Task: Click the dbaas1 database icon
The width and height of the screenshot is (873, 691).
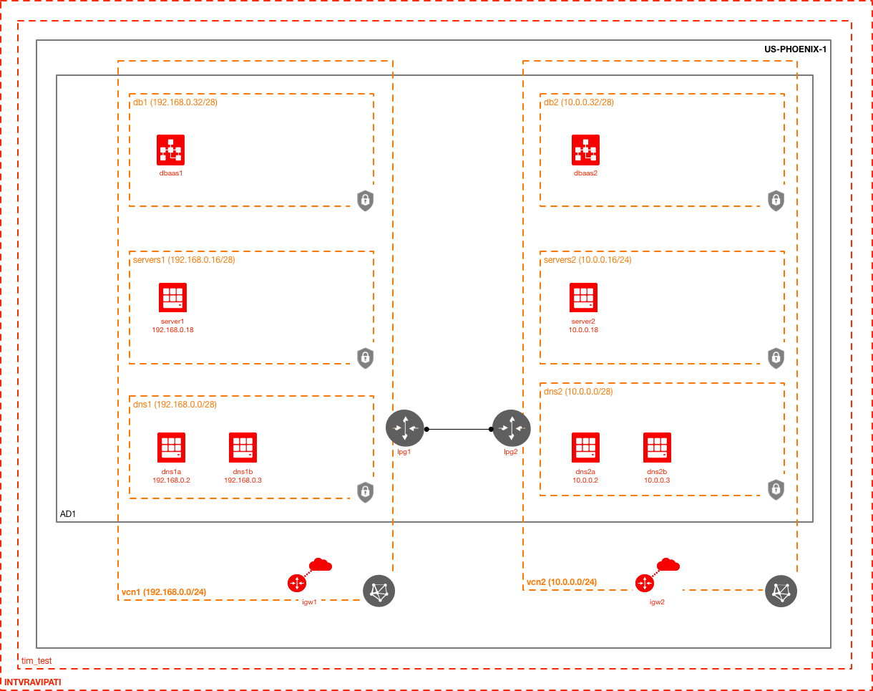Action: point(170,149)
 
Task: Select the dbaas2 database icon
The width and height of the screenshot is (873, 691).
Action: point(585,149)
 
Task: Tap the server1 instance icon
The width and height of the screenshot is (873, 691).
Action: point(172,297)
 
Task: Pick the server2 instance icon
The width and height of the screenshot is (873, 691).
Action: point(583,297)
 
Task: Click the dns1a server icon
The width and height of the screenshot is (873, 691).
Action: point(171,447)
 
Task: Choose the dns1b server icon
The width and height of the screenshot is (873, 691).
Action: point(243,447)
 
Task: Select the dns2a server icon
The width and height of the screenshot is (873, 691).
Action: point(585,447)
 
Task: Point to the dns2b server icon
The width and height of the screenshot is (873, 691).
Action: point(657,447)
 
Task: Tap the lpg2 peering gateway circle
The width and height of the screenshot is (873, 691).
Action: point(510,427)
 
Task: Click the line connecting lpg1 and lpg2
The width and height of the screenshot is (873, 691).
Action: point(458,429)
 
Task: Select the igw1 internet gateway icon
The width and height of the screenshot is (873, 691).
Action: point(297,583)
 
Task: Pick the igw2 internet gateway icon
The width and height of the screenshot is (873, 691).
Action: point(645,583)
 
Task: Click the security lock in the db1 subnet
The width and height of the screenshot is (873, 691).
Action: point(365,200)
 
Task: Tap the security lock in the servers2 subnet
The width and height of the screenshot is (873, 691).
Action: point(776,357)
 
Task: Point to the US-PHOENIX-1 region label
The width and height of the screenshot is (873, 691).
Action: point(795,49)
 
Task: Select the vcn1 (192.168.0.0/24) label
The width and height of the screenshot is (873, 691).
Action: point(164,592)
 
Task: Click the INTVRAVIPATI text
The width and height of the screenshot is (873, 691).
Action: point(33,682)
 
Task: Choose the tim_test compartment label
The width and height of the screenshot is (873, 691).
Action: point(36,660)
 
